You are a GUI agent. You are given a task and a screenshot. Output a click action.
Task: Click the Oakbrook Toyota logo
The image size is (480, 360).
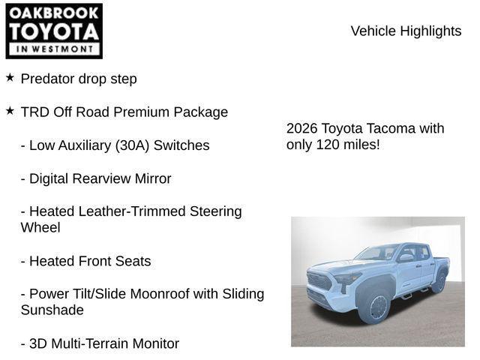pos(54,31)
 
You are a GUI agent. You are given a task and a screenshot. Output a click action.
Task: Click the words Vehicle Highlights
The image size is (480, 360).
pos(406,31)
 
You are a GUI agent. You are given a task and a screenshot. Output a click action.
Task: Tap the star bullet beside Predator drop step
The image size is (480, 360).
pos(10,77)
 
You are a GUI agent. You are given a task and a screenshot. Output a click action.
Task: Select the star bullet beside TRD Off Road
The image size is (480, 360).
pos(10,110)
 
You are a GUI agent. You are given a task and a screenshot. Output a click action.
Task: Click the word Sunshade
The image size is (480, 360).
pos(52,310)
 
